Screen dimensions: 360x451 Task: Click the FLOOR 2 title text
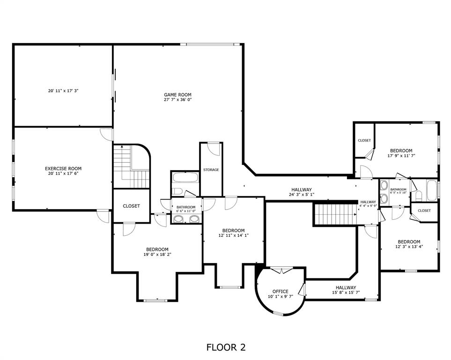coord(226,347)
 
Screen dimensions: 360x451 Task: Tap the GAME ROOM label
coord(177,95)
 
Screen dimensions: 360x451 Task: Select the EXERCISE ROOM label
coord(63,169)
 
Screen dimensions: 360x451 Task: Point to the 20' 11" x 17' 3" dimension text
coord(63,90)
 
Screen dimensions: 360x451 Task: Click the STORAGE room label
coord(211,170)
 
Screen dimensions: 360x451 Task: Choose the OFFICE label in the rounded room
coord(280,292)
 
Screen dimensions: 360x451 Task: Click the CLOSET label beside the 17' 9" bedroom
coord(364,141)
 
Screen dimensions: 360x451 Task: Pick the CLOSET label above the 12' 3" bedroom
coord(424,211)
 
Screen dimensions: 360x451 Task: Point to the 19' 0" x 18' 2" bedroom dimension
coord(157,255)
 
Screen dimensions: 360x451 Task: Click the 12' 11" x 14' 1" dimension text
coord(233,235)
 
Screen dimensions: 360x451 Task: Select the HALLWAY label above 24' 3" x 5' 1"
coord(301,189)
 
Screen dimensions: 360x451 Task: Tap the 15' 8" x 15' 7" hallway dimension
coord(346,293)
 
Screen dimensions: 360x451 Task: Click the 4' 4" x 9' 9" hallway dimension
coord(369,206)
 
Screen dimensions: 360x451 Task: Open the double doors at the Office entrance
coord(281,271)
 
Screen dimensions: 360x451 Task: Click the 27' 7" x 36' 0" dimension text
coord(177,100)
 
